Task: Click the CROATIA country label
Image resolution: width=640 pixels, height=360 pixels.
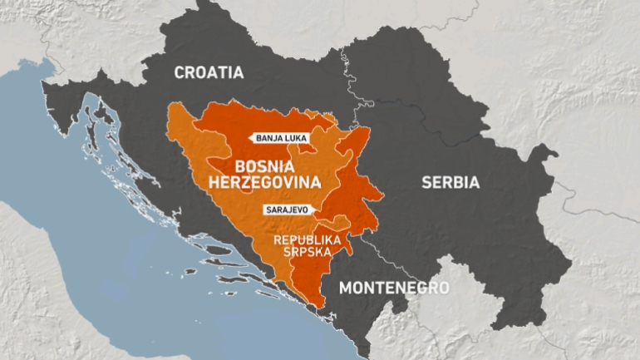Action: (x=209, y=73)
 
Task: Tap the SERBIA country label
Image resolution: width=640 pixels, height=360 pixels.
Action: (x=450, y=182)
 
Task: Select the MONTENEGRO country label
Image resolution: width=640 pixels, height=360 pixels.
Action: (x=394, y=288)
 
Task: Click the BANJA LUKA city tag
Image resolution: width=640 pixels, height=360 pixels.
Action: (x=282, y=140)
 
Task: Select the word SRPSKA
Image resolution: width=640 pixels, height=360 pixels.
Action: (x=308, y=252)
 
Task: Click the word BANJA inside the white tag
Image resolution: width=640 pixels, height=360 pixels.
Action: (x=269, y=140)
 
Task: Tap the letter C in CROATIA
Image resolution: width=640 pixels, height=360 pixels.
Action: (x=179, y=73)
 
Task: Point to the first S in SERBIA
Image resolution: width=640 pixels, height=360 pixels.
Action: (x=426, y=182)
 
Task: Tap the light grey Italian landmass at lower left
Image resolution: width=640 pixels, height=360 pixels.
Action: (x=33, y=283)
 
